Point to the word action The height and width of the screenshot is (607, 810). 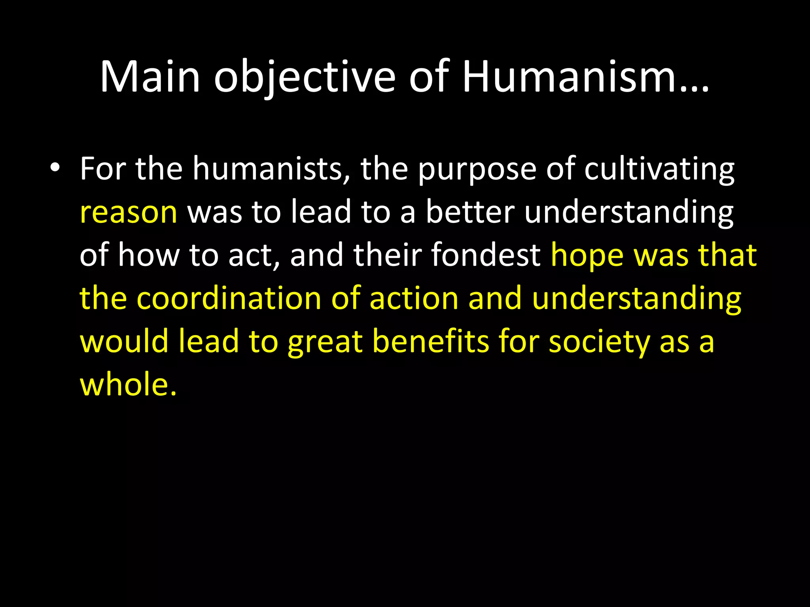414,298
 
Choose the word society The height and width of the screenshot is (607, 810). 599,342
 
